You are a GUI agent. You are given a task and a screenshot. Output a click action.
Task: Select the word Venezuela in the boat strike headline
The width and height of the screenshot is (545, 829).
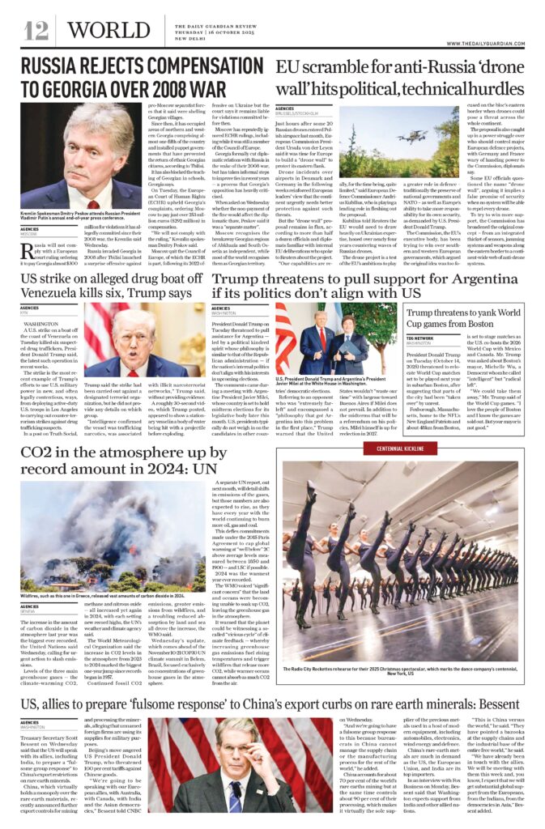click(x=56, y=292)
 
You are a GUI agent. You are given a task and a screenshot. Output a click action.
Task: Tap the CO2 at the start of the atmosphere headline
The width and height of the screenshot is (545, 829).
click(x=43, y=450)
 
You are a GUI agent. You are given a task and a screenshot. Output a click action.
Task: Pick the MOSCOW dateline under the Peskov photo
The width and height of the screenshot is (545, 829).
click(x=30, y=234)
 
